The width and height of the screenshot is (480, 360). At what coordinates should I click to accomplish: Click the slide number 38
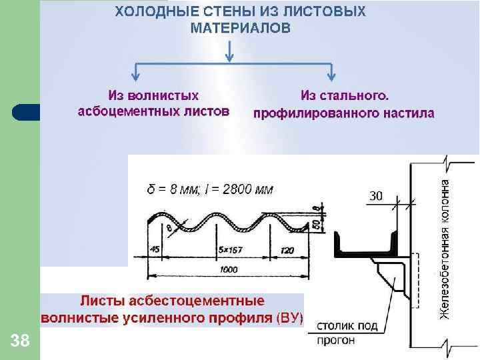pos(21,342)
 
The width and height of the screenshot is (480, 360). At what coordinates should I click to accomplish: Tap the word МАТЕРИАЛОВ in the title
pos(240,28)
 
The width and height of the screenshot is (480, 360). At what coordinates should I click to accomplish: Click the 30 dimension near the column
pos(376,195)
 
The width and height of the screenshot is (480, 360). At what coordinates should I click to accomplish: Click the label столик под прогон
pos(347,333)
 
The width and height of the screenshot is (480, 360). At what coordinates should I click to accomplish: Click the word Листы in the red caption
pos(101,301)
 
